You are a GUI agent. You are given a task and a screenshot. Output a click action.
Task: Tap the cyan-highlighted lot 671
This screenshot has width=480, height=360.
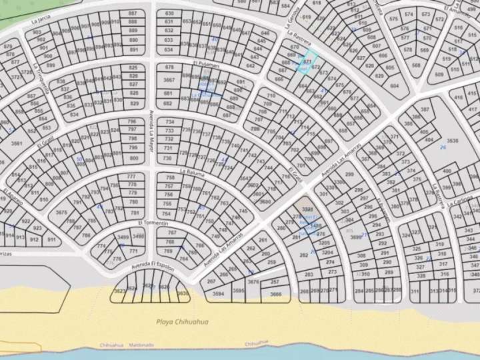[x=307, y=61]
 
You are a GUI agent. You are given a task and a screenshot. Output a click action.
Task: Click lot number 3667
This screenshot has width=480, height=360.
[x=169, y=80]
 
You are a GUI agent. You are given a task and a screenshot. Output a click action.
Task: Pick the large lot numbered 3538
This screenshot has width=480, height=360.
[x=452, y=141]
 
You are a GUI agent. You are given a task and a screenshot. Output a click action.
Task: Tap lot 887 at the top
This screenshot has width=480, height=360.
[x=133, y=13]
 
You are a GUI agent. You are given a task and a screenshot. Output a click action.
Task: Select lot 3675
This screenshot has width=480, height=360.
[x=61, y=213]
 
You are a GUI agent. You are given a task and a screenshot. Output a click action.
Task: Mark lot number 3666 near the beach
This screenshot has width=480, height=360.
[x=275, y=293]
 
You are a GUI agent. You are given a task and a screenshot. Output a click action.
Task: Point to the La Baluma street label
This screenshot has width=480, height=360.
[x=191, y=172]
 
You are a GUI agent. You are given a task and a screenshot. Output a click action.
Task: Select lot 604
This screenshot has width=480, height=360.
[x=394, y=86]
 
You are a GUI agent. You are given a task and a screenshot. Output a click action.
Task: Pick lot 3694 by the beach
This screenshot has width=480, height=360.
[x=218, y=293]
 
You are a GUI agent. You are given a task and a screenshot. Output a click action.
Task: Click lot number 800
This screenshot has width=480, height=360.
[x=133, y=159]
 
